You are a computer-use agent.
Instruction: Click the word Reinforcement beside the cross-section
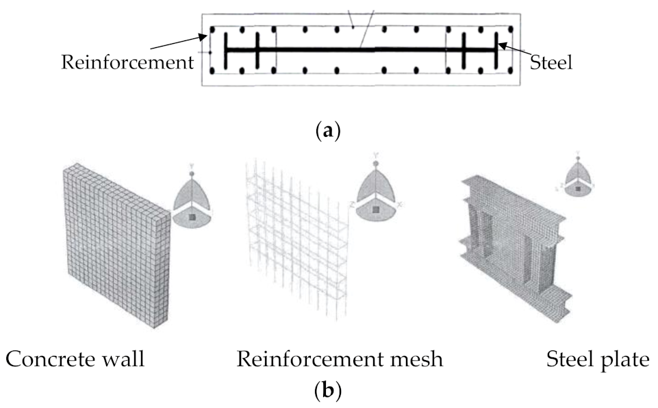[x=127, y=63]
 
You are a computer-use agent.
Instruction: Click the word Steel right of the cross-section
[x=552, y=63]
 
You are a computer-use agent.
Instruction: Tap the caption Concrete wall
[x=75, y=359]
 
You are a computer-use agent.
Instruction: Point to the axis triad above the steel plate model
[x=579, y=175]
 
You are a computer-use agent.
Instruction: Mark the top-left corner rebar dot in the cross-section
[x=213, y=30]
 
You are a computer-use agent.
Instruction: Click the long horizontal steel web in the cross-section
[x=359, y=50]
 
